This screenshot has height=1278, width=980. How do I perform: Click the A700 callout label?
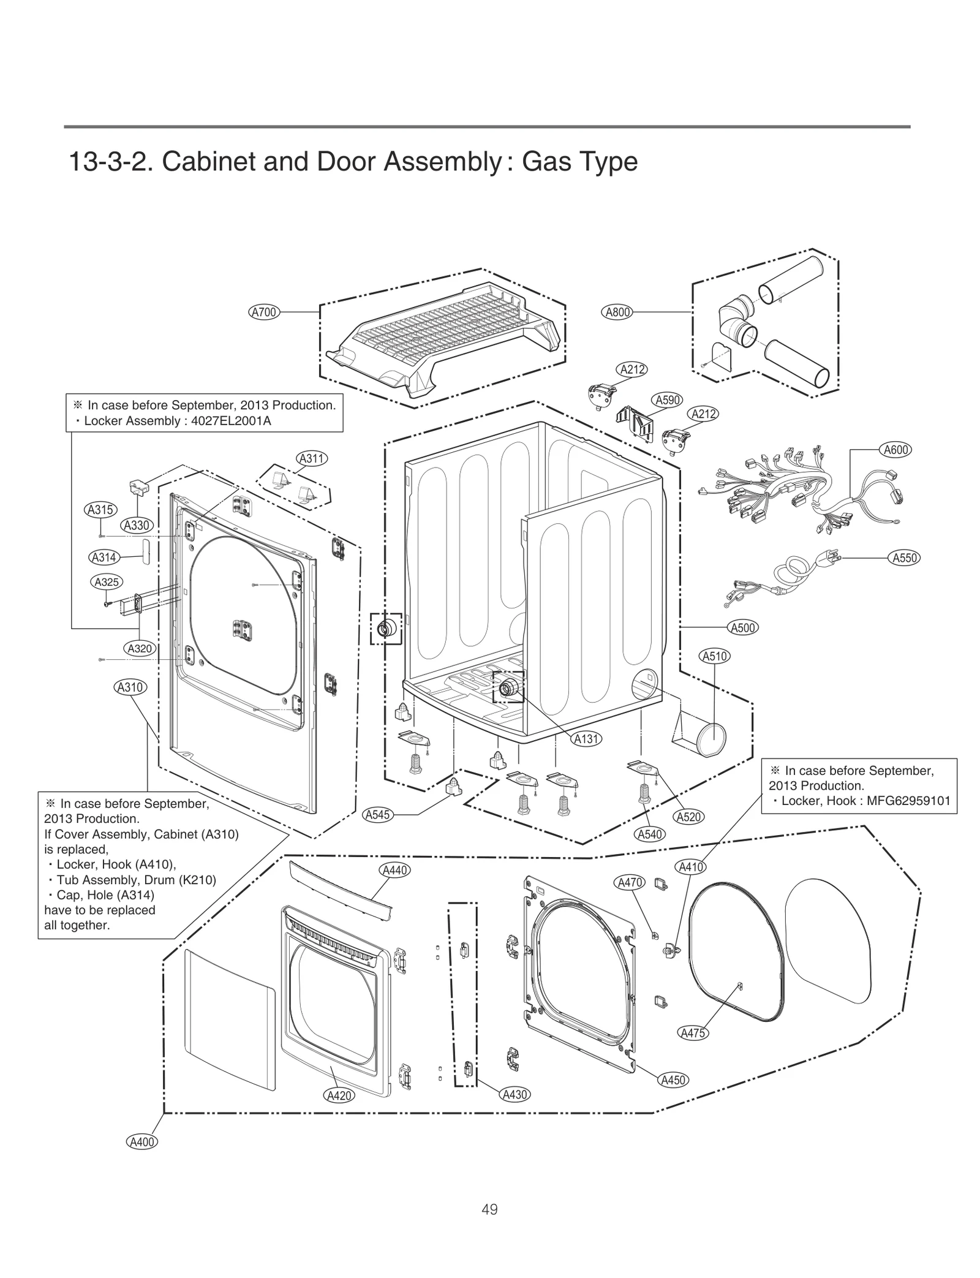[264, 312]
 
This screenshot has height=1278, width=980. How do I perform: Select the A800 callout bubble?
[617, 312]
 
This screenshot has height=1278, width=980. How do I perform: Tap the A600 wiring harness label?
[895, 450]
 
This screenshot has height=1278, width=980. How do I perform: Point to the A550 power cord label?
[904, 558]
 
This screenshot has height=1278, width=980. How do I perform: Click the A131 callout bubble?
[586, 739]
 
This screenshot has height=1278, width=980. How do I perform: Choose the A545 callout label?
[378, 815]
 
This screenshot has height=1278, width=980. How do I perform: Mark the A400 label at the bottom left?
[142, 1142]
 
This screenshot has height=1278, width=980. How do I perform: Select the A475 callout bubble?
[693, 1033]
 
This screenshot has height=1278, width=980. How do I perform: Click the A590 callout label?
[668, 400]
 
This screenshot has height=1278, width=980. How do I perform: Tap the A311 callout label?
[312, 458]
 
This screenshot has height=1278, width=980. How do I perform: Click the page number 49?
[489, 1209]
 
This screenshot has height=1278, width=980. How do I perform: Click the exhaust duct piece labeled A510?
[704, 735]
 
